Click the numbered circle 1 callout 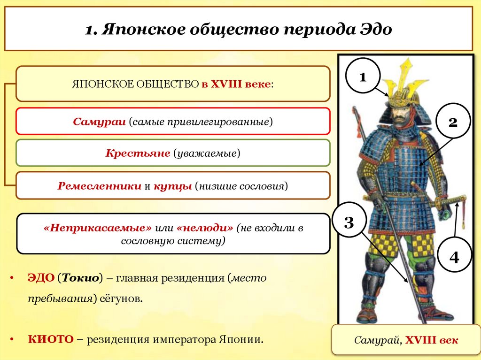(363, 77)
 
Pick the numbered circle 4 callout (454, 257)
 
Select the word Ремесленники (99, 185)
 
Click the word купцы (173, 185)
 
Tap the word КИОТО (49, 339)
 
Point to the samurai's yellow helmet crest (405, 77)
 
